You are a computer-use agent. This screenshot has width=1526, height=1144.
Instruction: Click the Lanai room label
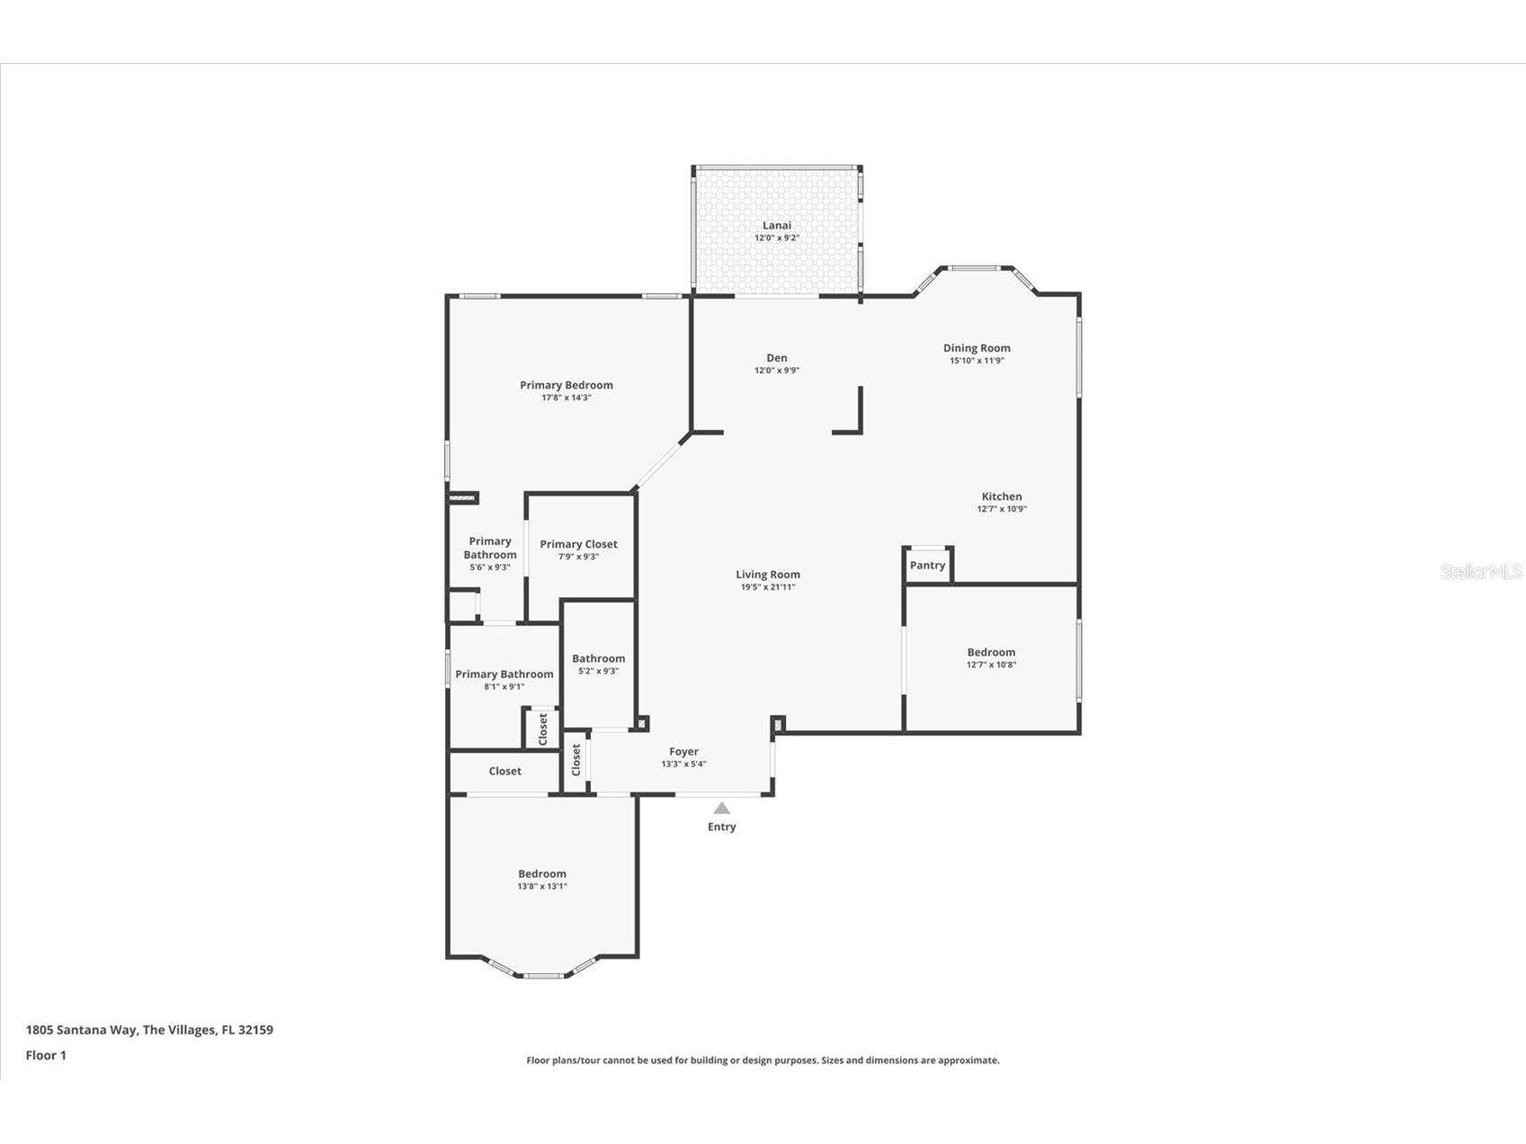777,226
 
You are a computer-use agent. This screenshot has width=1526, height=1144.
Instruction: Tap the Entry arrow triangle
721,809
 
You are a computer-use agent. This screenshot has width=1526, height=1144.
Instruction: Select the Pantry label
927,566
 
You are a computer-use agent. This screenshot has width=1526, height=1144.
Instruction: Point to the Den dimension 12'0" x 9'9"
777,371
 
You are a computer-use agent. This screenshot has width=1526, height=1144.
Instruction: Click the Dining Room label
977,348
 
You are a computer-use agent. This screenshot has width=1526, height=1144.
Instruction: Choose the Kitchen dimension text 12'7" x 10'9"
1002,509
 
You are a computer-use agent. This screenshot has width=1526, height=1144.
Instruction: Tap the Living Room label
768,575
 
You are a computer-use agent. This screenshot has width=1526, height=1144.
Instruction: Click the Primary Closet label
578,544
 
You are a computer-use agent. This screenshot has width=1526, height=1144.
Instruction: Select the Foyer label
683,752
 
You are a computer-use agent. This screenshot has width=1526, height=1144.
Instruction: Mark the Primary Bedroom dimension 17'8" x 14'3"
567,398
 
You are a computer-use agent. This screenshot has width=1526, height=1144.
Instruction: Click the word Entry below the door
721,827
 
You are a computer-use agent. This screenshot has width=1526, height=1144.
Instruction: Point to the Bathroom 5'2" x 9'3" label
598,659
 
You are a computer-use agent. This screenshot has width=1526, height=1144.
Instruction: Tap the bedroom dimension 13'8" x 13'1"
542,887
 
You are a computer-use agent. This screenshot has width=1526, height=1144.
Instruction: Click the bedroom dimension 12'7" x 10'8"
991,666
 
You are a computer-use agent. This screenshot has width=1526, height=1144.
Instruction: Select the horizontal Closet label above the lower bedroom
504,772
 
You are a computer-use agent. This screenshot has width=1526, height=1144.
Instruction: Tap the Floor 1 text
46,1056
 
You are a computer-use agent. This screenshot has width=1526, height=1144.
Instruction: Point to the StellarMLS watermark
1480,572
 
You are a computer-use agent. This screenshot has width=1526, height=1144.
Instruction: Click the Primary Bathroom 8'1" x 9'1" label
504,675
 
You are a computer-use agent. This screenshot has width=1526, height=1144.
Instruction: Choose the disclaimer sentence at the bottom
763,1060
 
